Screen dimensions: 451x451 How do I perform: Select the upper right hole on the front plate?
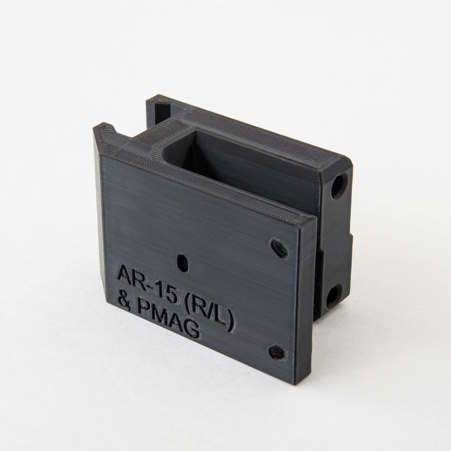[x=279, y=248]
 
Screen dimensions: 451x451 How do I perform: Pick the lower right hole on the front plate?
[x=279, y=351]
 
